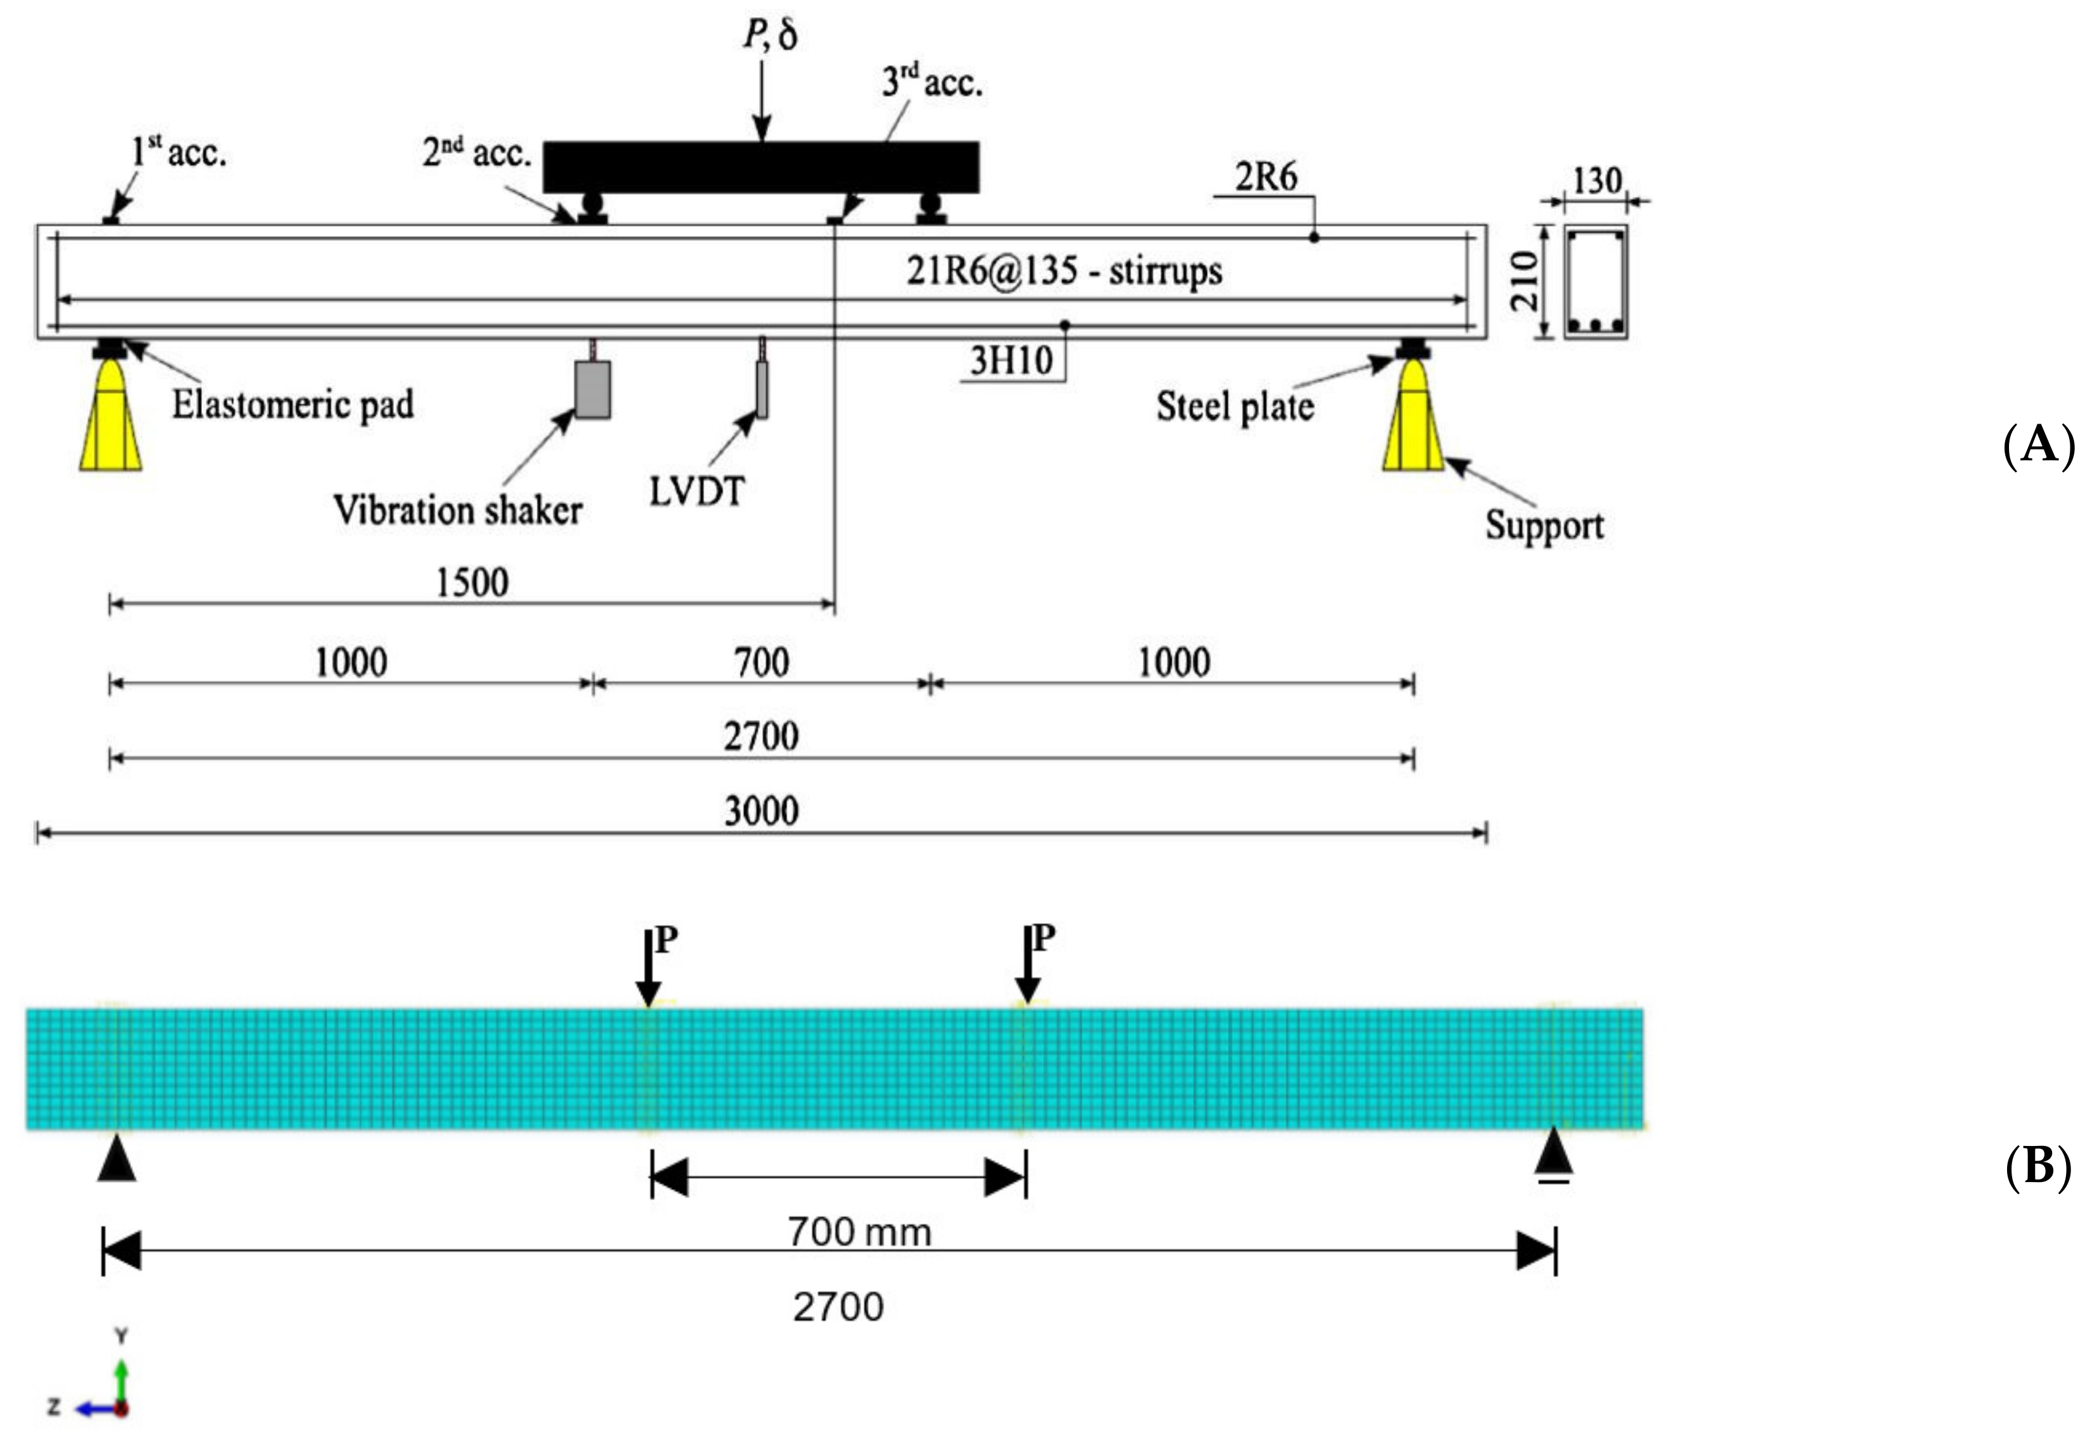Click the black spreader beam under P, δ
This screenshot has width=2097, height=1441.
pyautogui.click(x=761, y=167)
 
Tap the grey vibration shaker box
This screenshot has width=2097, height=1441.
pyautogui.click(x=592, y=389)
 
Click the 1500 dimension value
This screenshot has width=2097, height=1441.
pyautogui.click(x=472, y=582)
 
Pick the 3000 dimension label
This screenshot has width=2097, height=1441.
pyautogui.click(x=761, y=811)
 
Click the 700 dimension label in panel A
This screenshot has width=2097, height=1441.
pyautogui.click(x=761, y=664)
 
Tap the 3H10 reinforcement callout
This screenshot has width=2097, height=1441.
pyautogui.click(x=1011, y=361)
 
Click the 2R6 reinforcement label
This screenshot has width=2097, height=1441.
pyautogui.click(x=1266, y=177)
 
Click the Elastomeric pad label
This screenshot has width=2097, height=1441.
pyautogui.click(x=293, y=405)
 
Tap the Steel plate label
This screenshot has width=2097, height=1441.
pyautogui.click(x=1235, y=406)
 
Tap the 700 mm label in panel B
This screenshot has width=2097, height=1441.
pyautogui.click(x=859, y=1231)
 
